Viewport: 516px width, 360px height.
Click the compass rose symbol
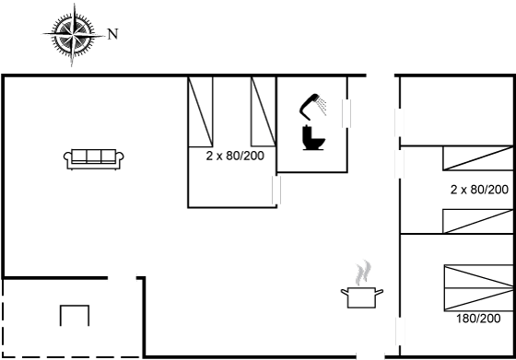click(x=74, y=34)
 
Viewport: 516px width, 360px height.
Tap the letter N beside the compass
click(x=112, y=34)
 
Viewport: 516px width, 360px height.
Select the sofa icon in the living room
click(x=94, y=159)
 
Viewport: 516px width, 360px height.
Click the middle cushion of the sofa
click(x=94, y=157)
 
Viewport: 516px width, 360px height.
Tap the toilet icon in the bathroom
click(x=313, y=138)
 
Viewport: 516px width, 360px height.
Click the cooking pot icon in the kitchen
click(x=361, y=297)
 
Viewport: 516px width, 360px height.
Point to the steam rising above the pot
click(x=363, y=273)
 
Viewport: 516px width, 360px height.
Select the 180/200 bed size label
click(x=478, y=319)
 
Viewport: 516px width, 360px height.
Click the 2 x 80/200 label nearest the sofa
click(x=235, y=156)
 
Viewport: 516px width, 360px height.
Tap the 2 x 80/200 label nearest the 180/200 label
click(x=479, y=190)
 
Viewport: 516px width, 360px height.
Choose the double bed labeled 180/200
click(x=479, y=287)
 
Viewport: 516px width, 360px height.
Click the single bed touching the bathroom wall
click(x=264, y=111)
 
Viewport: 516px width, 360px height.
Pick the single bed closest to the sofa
click(x=201, y=111)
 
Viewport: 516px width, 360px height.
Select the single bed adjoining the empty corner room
click(x=478, y=158)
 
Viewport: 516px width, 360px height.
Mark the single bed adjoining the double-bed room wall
click(x=478, y=221)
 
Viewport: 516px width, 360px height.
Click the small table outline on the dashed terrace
click(x=75, y=316)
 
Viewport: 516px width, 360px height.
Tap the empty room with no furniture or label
click(x=456, y=110)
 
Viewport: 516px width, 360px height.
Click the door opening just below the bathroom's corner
click(x=276, y=190)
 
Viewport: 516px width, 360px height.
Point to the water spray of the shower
click(x=322, y=105)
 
